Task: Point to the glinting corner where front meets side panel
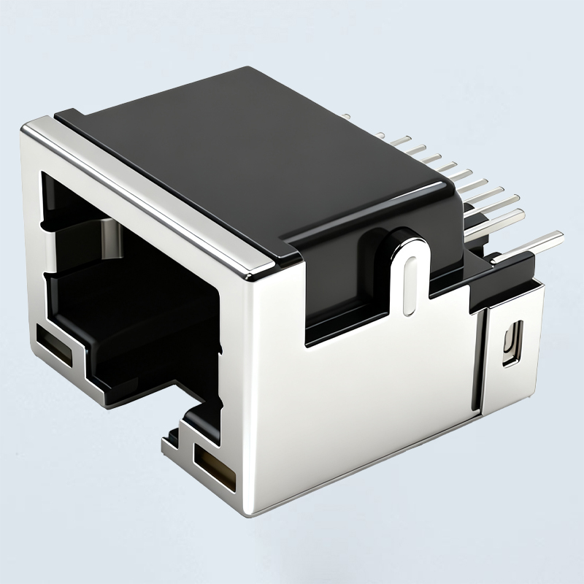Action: [x=251, y=276]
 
